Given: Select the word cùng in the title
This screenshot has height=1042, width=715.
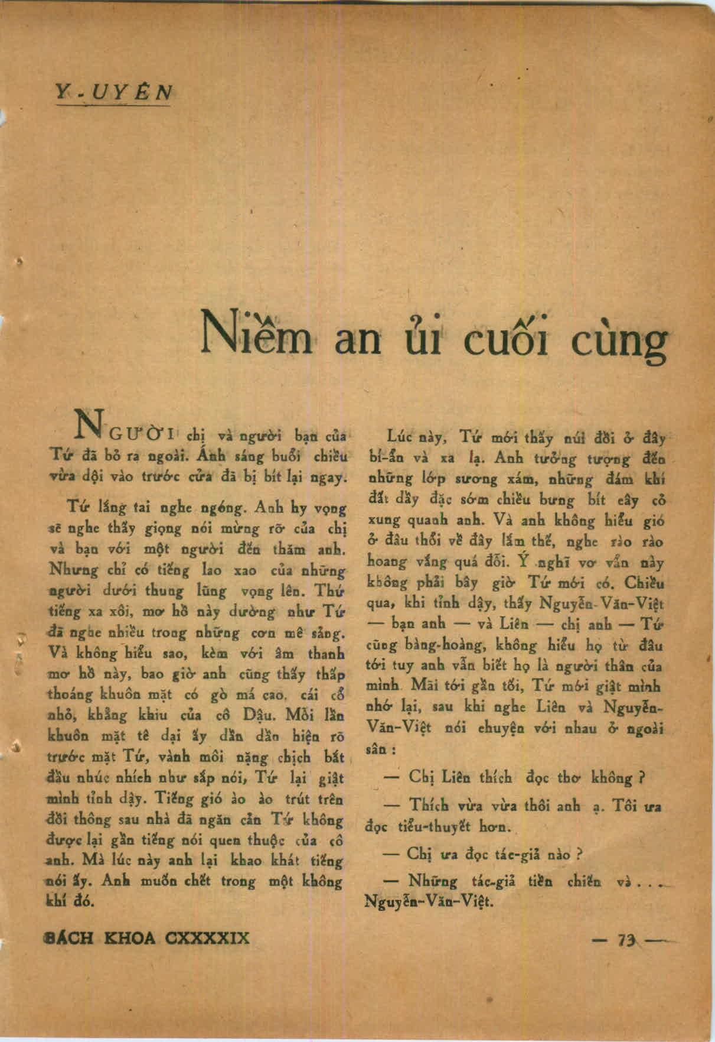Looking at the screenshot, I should (x=623, y=342).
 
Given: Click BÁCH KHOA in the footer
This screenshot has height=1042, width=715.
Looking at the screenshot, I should (x=100, y=938).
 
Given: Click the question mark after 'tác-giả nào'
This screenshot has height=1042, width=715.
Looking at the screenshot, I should (x=580, y=855).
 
